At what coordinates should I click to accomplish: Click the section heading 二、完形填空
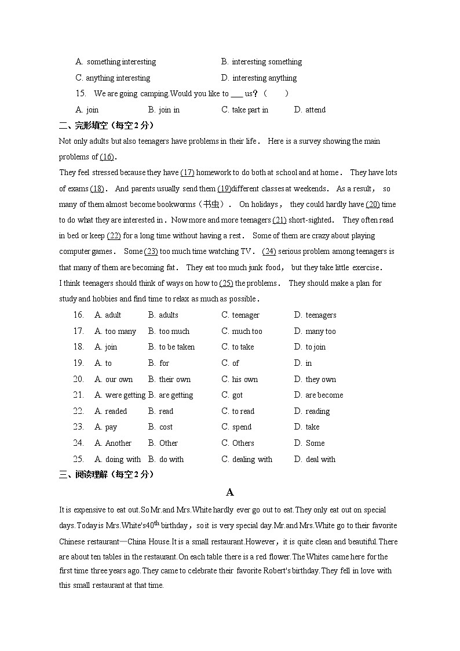(107, 125)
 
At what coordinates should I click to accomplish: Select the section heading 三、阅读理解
(107, 474)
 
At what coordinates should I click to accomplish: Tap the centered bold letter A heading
(229, 492)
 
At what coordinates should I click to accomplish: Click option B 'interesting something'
(261, 62)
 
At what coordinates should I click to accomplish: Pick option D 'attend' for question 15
(310, 110)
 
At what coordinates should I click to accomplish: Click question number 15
(81, 93)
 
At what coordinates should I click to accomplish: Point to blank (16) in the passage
(107, 157)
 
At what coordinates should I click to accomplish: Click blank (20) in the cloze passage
(373, 204)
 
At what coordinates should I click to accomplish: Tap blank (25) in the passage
(226, 283)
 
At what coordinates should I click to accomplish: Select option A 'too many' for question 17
(115, 331)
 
